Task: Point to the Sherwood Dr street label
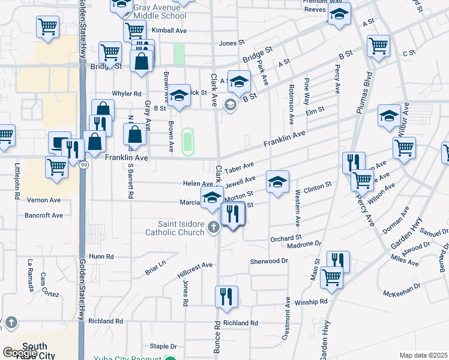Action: click(x=269, y=262)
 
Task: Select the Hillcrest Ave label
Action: click(x=195, y=269)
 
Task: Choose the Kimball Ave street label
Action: click(x=170, y=31)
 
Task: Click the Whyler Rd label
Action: click(x=127, y=94)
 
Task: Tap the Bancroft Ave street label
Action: click(x=44, y=215)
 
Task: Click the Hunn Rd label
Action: click(x=101, y=257)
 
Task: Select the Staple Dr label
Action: click(x=163, y=346)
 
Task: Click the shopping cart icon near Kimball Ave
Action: click(x=134, y=30)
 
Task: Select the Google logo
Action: click(x=20, y=353)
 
